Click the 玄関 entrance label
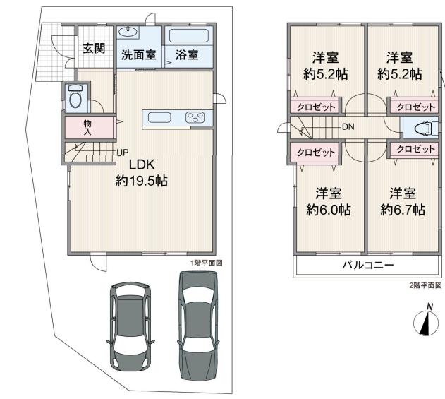[94, 48]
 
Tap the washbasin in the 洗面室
[128, 32]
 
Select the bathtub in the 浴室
[189, 36]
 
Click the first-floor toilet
[75, 97]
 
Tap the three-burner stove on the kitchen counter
[195, 117]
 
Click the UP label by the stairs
[123, 153]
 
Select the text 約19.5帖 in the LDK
[142, 181]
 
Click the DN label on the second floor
[348, 126]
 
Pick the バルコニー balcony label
[368, 265]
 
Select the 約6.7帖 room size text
[403, 210]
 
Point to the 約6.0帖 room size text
[329, 210]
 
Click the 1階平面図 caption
[207, 263]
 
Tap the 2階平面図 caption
[425, 285]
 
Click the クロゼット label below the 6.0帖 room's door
[316, 153]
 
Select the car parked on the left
[130, 326]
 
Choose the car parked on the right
[198, 326]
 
